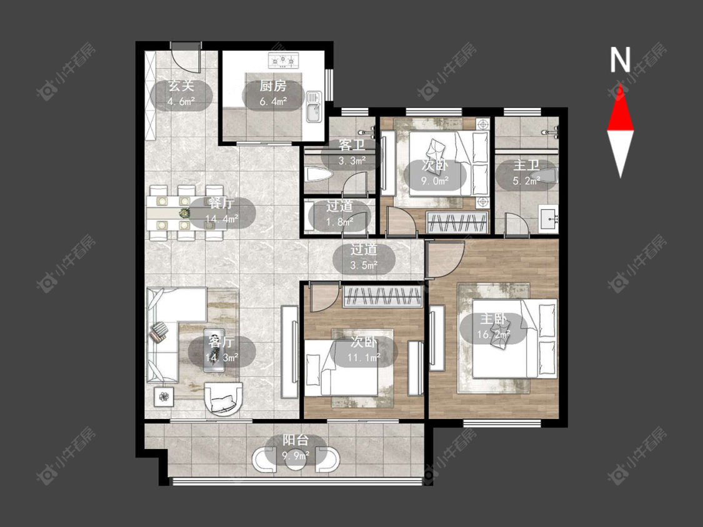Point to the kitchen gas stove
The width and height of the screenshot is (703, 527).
click(283, 59)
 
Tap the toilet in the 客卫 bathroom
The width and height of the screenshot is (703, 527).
click(319, 174)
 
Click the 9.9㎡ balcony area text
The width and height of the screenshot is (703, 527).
click(296, 456)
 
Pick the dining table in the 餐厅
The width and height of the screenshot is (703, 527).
click(186, 214)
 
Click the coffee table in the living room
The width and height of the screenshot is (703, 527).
click(214, 350)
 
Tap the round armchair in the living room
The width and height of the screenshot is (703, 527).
click(223, 398)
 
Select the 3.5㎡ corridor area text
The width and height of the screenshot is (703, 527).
click(364, 266)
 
